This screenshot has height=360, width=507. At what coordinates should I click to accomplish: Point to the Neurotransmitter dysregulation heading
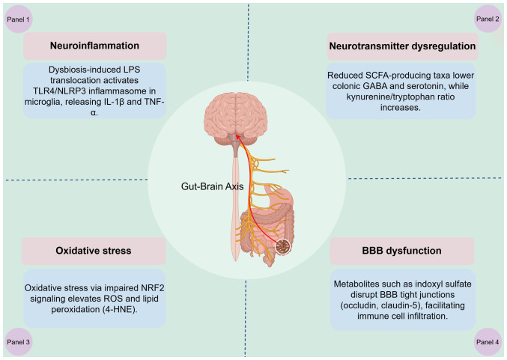402,46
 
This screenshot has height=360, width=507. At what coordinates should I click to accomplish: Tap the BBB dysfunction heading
402,251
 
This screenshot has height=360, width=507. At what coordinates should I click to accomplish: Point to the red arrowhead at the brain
238,138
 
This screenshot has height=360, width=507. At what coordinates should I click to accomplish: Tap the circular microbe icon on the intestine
284,245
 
